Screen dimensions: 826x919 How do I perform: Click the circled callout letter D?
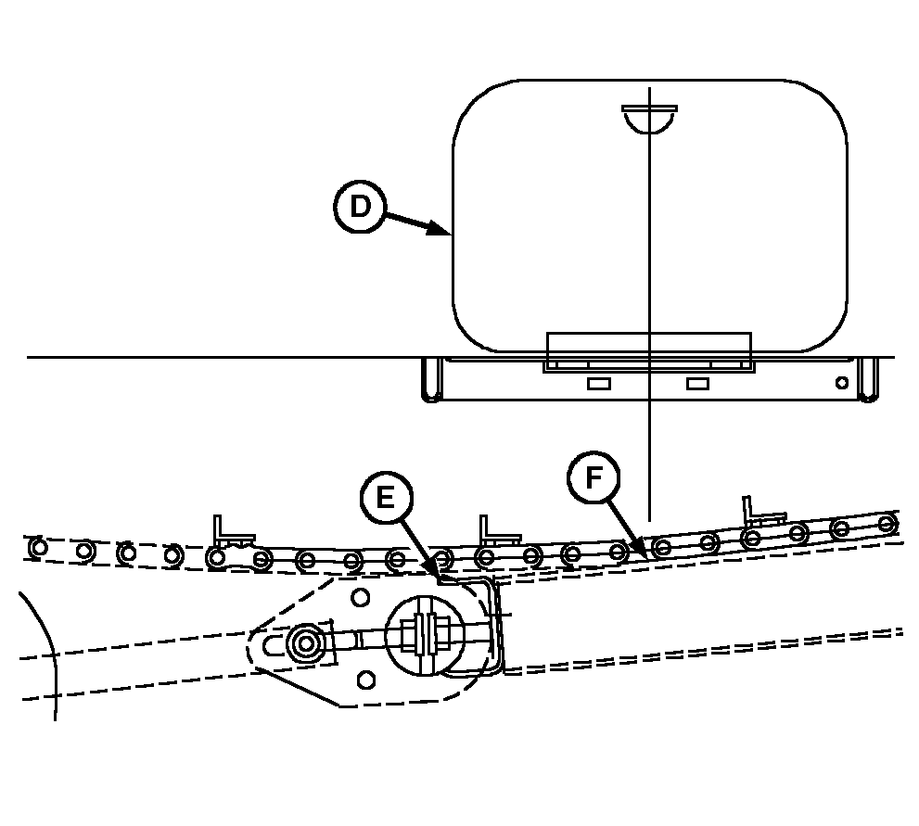coord(359,208)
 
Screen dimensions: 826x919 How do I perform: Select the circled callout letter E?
coord(385,498)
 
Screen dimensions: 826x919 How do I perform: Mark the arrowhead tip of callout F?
coord(645,553)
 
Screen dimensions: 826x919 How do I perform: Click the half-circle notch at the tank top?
coord(649,116)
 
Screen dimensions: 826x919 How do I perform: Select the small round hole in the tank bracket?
coord(841,382)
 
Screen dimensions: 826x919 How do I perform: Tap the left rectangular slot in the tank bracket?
coord(597,383)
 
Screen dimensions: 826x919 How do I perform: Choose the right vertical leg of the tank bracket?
coord(867,380)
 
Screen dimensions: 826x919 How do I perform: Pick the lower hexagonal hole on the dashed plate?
coord(366,680)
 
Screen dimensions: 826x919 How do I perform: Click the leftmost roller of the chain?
coord(38,547)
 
